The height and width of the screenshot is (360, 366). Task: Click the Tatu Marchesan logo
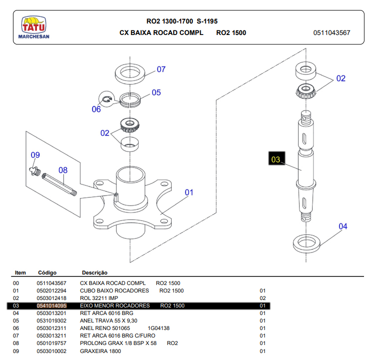coord(33,27)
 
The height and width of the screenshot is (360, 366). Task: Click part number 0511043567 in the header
coord(332,33)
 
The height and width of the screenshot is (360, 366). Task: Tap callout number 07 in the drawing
coord(161,69)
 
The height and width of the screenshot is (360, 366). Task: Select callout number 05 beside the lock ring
coord(156,92)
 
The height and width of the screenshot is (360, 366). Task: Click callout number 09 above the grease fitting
coord(35,155)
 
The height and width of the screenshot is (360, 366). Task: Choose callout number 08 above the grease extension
coord(62,170)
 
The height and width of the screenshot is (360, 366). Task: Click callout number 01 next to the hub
coord(189,192)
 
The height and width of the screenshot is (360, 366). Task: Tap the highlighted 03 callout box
coord(276,160)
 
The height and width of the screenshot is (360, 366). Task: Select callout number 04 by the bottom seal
coord(343,226)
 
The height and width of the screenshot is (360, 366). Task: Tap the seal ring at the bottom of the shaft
coord(306,243)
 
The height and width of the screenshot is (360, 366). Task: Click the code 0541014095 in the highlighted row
coord(51,305)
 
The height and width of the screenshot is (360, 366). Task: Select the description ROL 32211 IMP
coord(99,298)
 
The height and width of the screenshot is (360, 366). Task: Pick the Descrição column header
coord(95,273)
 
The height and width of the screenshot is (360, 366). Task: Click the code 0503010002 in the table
coord(51,351)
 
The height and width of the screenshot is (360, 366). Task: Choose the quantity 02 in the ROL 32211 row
coord(263,298)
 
